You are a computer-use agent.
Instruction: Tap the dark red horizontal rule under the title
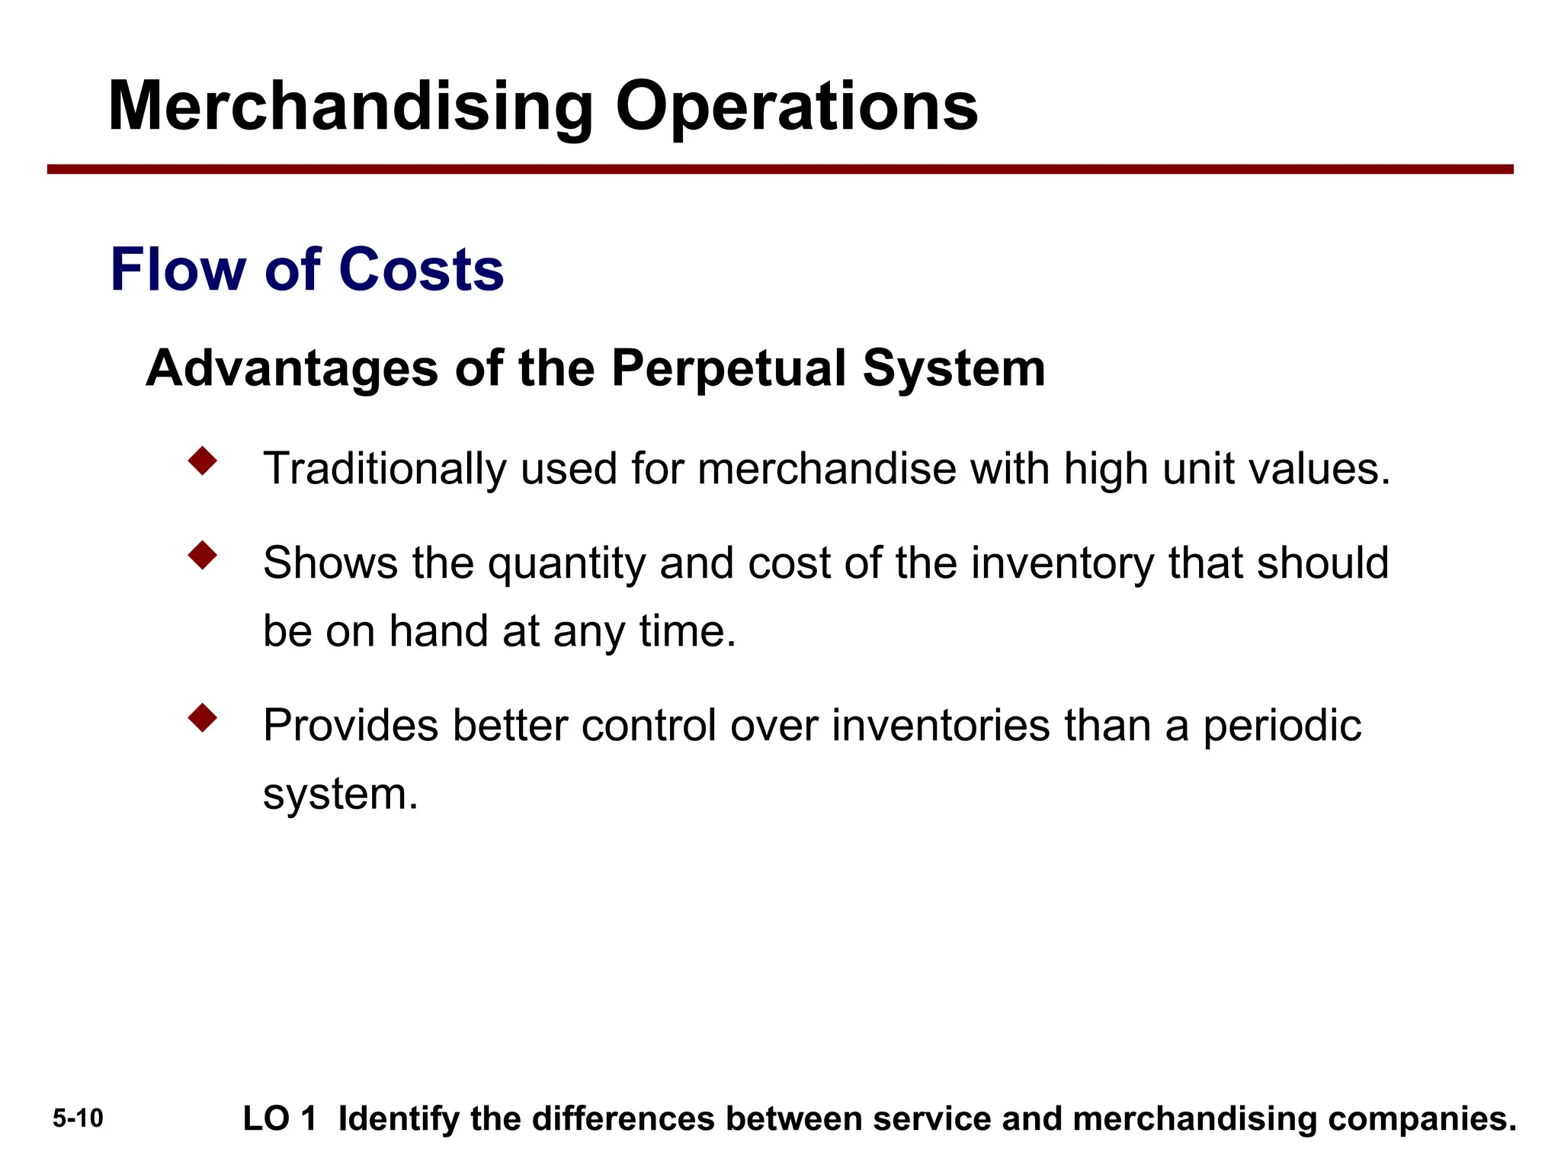(x=780, y=169)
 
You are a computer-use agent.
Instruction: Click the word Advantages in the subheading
(x=291, y=368)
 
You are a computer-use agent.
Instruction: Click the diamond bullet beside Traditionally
(x=203, y=460)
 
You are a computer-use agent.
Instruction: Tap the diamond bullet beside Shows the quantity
(x=203, y=555)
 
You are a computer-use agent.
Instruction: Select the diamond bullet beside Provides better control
(x=203, y=717)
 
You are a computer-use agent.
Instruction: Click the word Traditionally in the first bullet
(x=384, y=468)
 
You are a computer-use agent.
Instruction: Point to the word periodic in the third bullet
(x=1282, y=725)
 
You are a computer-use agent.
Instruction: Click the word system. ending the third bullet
(x=340, y=794)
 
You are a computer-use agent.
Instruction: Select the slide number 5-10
(x=78, y=1118)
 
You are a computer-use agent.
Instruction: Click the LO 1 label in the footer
(x=279, y=1118)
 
